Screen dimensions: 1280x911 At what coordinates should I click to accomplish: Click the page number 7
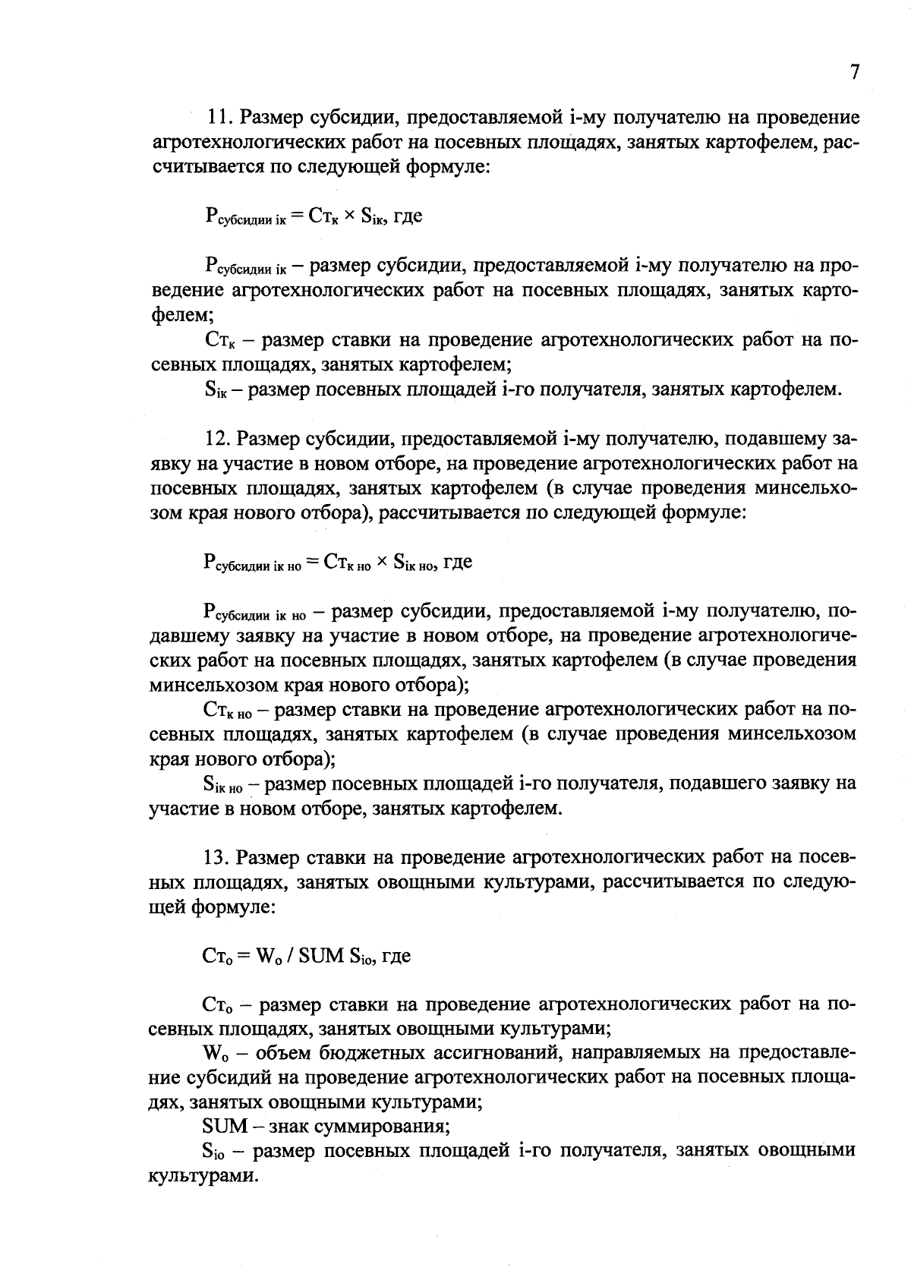854,72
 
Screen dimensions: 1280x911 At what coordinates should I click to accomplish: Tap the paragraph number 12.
218,439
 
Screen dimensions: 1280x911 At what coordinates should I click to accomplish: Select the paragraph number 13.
218,858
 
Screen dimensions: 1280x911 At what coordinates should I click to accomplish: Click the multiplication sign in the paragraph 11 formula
348,216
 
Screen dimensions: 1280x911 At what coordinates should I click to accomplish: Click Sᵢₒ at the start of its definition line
215,1151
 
